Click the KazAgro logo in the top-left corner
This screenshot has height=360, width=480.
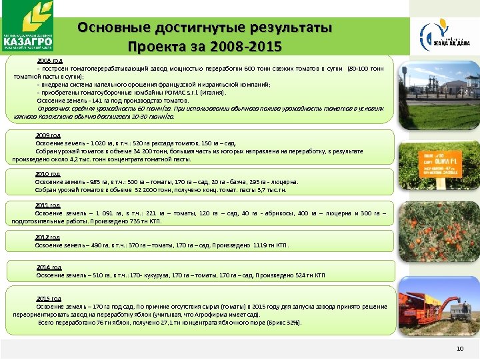coord(27,26)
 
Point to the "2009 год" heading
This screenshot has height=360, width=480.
coord(47,135)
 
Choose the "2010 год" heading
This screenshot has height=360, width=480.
coord(47,173)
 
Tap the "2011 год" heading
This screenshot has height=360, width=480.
coord(47,205)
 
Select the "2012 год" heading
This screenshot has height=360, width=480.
coord(47,237)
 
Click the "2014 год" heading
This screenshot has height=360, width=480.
coord(49,267)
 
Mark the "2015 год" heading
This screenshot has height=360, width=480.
coord(49,299)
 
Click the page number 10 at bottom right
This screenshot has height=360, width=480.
coord(459,349)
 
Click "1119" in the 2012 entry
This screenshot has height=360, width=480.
coord(261,245)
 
